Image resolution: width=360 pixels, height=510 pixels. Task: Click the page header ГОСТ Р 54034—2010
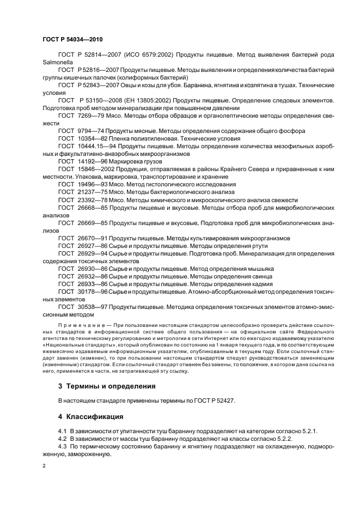[72, 40]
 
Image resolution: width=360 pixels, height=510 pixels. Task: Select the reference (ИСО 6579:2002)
[145, 55]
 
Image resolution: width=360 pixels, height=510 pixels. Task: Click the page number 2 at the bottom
[44, 466]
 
